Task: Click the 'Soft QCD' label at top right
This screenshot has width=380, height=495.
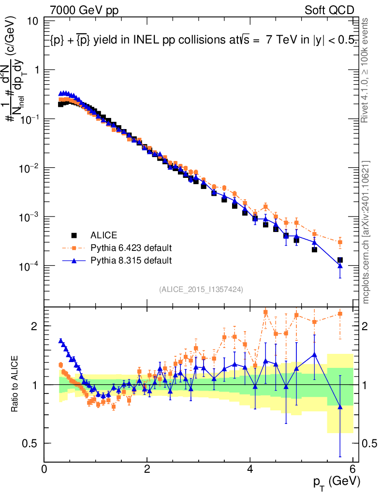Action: [x=329, y=10]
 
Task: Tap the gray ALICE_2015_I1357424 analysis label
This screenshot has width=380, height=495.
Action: [x=201, y=289]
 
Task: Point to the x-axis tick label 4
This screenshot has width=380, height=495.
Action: [x=250, y=468]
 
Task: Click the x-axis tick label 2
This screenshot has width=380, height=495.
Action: [x=147, y=468]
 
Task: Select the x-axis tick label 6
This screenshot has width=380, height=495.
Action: [x=353, y=468]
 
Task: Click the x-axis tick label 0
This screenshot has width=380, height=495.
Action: [x=44, y=468]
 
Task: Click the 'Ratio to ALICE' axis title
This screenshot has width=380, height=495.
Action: [x=16, y=384]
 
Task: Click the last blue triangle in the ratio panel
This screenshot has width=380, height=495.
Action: [x=340, y=407]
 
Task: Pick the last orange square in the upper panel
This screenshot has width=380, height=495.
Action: [x=340, y=242]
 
